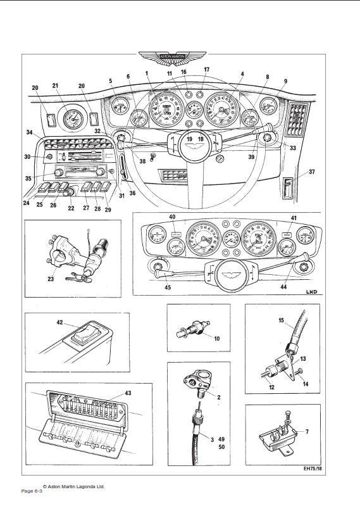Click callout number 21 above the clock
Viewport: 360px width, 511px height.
(x=55, y=85)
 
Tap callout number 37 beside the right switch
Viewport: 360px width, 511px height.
(x=311, y=172)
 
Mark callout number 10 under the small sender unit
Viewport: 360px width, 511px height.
(x=216, y=339)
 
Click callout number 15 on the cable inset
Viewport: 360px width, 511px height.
(x=281, y=320)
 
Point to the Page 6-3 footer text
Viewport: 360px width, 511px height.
(x=32, y=491)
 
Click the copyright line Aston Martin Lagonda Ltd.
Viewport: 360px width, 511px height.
(x=73, y=486)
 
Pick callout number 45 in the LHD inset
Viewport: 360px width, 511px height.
(x=167, y=287)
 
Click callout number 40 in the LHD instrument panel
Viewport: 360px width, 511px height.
(x=171, y=217)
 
